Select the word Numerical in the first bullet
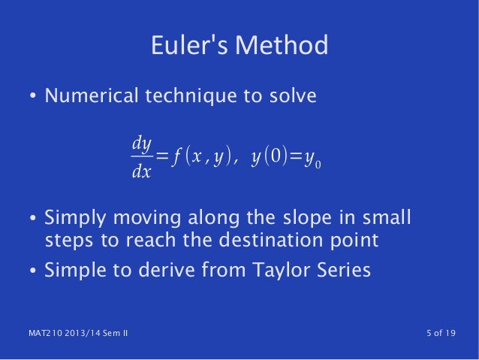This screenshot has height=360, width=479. click(90, 97)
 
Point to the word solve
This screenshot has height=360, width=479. click(294, 97)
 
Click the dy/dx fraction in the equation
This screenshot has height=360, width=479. click(141, 156)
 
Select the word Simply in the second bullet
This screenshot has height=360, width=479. click(74, 219)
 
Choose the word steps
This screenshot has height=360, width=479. click(68, 241)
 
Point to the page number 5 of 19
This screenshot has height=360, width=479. click(437, 334)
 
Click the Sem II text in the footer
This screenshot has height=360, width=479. click(113, 334)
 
